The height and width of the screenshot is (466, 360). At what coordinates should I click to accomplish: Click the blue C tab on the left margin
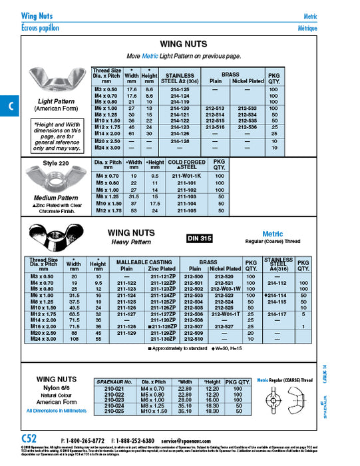(x=9, y=107)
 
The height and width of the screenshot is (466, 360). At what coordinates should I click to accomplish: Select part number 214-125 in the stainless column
(x=179, y=89)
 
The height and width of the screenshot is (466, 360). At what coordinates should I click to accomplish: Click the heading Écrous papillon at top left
(x=40, y=28)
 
